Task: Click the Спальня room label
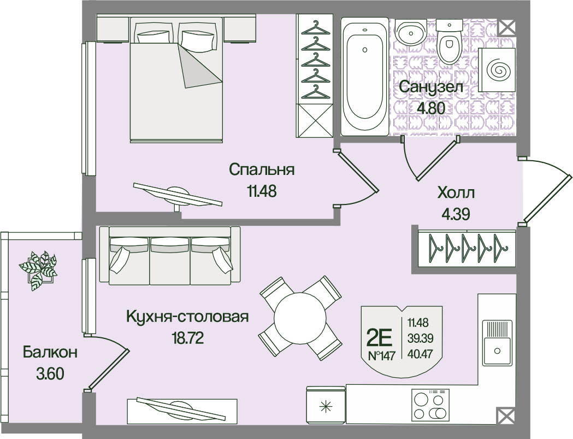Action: pyautogui.click(x=262, y=169)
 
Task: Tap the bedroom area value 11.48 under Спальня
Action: pyautogui.click(x=262, y=191)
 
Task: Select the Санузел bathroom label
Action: pyautogui.click(x=431, y=87)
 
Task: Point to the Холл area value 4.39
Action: pyautogui.click(x=456, y=213)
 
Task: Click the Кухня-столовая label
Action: pyautogui.click(x=187, y=317)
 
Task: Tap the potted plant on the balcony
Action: pyautogui.click(x=38, y=268)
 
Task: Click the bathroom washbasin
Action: pyautogui.click(x=410, y=33)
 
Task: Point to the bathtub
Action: pyautogui.click(x=365, y=77)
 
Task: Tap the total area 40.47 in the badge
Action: pyautogui.click(x=417, y=353)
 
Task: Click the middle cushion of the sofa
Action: pyautogui.click(x=170, y=261)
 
